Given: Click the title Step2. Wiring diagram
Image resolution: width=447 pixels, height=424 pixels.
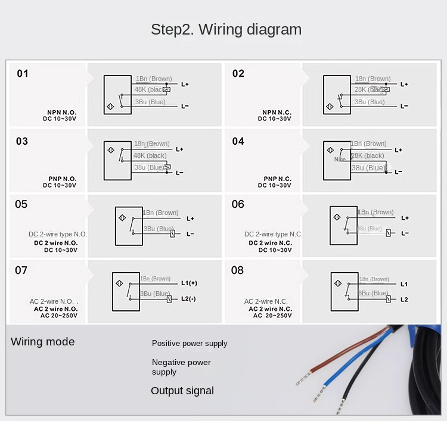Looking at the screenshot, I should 226,29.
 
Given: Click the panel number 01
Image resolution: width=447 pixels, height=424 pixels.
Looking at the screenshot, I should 23,74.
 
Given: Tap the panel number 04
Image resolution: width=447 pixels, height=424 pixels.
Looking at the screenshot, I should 238,141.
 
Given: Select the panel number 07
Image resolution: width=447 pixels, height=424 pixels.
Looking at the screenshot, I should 21,270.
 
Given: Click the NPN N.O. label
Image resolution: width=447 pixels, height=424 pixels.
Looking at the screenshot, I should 62,112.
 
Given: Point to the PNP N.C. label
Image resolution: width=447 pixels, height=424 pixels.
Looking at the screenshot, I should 278,179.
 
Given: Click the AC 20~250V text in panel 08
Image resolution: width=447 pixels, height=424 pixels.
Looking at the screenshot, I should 272,316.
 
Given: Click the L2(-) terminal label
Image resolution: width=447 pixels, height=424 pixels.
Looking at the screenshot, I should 188,298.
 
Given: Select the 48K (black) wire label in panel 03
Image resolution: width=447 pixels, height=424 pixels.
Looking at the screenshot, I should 151,155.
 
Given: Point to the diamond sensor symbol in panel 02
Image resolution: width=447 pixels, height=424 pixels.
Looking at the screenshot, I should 330,107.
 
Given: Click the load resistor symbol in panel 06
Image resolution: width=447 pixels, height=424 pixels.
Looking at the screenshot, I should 388,233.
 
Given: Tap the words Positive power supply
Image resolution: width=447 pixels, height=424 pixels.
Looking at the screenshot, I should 190,344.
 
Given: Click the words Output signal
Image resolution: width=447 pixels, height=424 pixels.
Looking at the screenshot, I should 182,391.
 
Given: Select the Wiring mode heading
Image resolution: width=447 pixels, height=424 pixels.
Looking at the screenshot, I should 43,342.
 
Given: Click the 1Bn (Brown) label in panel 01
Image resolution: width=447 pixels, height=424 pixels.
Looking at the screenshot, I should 154,79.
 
